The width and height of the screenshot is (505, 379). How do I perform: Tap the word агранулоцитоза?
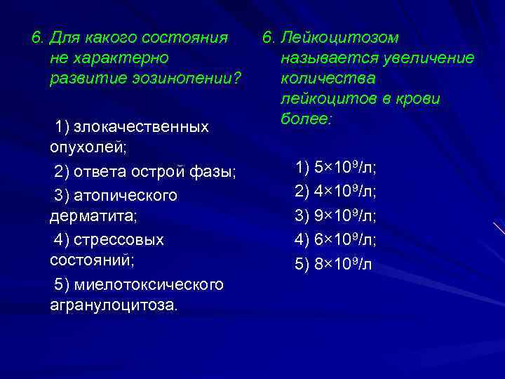coord(113,306)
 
